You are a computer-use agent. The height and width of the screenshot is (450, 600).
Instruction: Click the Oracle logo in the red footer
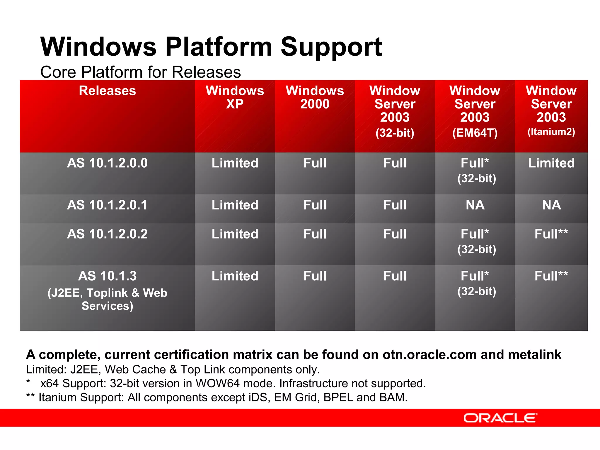[x=500, y=418]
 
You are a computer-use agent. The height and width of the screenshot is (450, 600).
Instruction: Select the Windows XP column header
[x=235, y=97]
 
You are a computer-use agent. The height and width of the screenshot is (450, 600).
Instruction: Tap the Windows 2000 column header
[x=315, y=97]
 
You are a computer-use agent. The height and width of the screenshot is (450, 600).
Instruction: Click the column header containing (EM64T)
[x=475, y=111]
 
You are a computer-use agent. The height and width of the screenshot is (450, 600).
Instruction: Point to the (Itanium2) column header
[x=551, y=111]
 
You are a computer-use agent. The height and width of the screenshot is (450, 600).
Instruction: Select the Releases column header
[x=107, y=91]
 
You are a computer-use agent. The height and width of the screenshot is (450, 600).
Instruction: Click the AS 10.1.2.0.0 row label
[x=107, y=163]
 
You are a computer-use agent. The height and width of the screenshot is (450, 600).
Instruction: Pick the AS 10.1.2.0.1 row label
[x=107, y=205]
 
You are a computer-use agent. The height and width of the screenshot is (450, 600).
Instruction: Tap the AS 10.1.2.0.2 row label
[x=107, y=234]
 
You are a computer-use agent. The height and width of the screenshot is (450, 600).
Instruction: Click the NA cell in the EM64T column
[x=475, y=205]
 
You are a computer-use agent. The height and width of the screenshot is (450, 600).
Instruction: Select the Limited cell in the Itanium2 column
[x=551, y=163]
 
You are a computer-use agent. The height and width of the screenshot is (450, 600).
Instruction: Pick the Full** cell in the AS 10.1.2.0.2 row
[x=551, y=234]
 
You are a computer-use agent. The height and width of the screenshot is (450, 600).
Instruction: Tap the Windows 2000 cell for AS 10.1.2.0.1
[x=315, y=205]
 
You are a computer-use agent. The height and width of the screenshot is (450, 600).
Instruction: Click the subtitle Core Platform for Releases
[x=140, y=72]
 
